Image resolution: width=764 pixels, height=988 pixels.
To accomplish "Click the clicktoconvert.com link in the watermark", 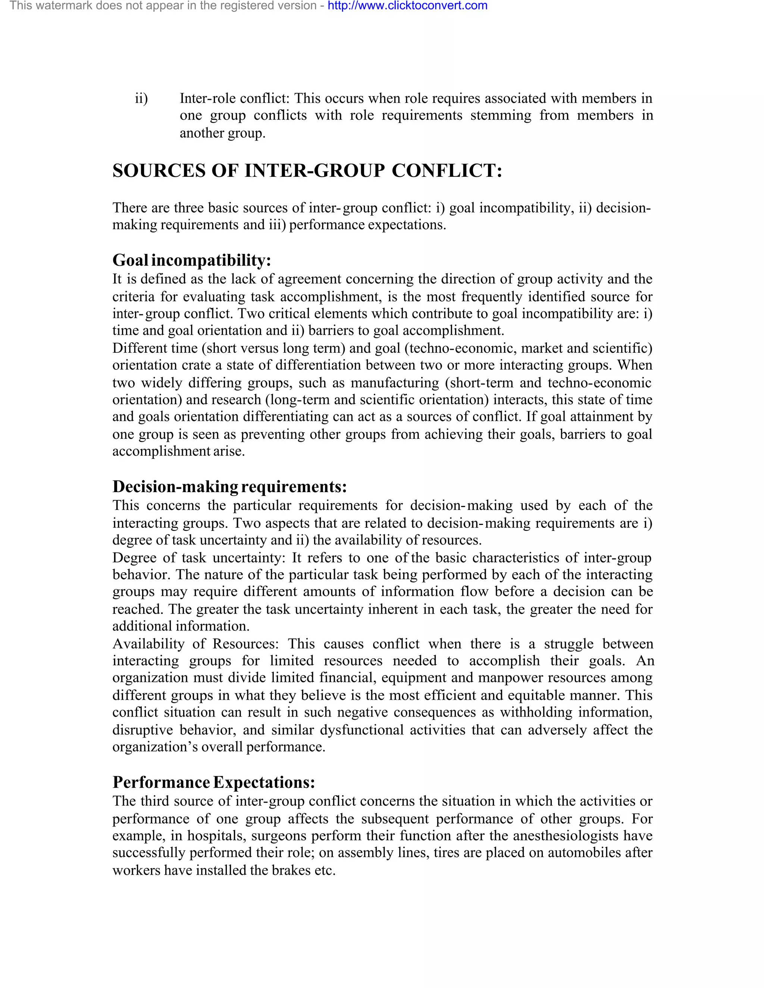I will [407, 6].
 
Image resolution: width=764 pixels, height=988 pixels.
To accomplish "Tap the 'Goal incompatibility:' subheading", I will [191, 260].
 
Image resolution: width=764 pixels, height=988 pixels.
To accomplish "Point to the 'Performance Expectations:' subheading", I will [214, 782].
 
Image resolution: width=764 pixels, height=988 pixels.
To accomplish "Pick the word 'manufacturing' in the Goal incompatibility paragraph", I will [395, 383].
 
